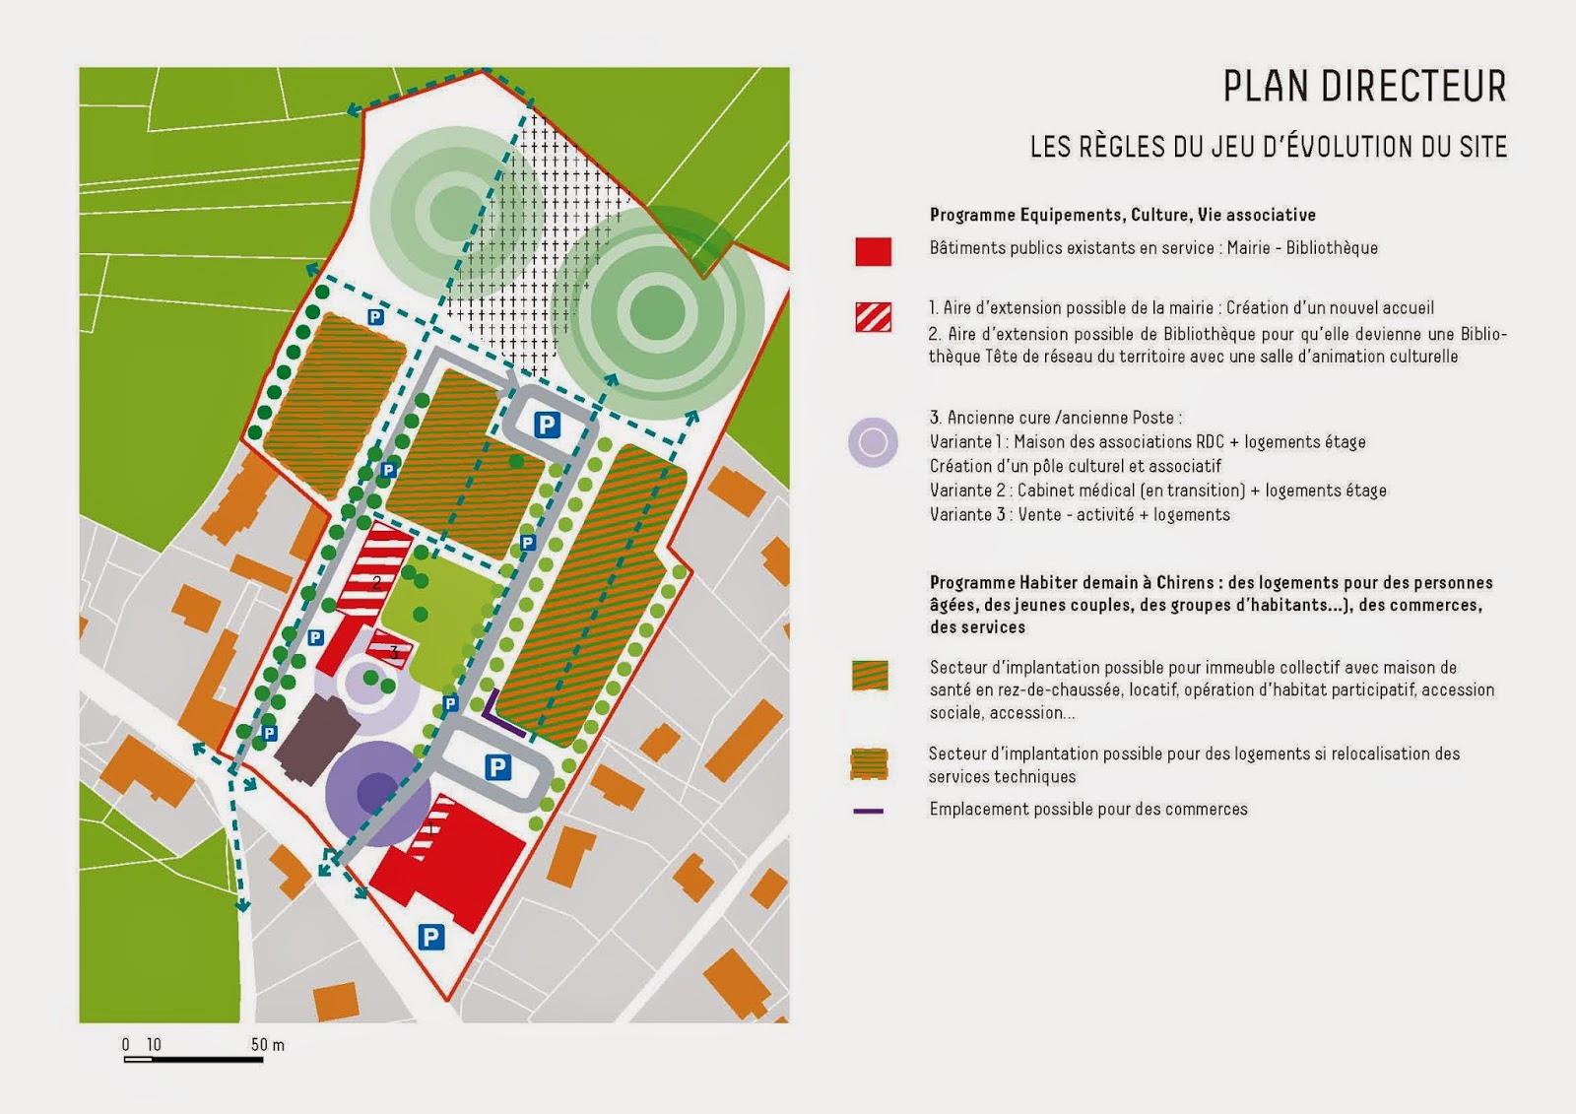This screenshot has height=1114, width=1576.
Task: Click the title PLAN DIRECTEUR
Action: click(x=1364, y=87)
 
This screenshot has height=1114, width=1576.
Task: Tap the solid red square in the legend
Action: click(x=873, y=251)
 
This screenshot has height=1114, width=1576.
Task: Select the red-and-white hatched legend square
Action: click(x=873, y=317)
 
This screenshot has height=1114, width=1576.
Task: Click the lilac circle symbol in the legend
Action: click(x=873, y=442)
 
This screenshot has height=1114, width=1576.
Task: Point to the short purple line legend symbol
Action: click(x=868, y=811)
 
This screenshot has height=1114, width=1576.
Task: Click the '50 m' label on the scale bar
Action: click(x=267, y=1045)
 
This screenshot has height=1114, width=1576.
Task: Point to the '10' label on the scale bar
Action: click(x=154, y=1045)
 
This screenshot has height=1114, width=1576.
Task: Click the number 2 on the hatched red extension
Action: click(x=376, y=583)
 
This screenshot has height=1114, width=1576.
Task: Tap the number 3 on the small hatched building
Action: click(x=394, y=652)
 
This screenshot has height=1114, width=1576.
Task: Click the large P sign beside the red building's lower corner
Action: click(x=430, y=937)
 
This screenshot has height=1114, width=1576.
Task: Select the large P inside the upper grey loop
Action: click(x=547, y=425)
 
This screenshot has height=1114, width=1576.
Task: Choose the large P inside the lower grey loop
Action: click(x=498, y=767)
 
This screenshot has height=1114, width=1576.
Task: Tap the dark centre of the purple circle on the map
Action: click(x=374, y=791)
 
